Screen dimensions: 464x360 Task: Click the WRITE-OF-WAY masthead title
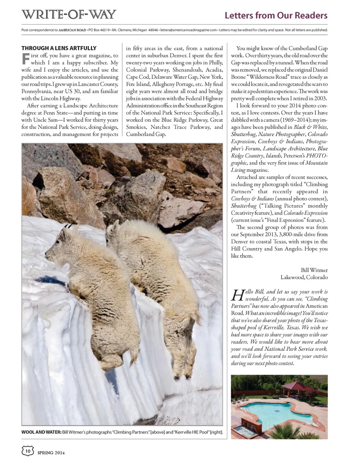(x=68, y=15)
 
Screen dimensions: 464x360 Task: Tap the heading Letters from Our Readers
(x=276, y=15)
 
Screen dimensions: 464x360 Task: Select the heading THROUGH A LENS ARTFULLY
(x=59, y=48)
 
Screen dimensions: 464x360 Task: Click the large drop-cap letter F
(x=25, y=59)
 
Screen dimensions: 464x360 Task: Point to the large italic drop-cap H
(x=238, y=295)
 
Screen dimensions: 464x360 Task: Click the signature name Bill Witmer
(x=314, y=270)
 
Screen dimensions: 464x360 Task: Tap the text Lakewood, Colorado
(x=304, y=277)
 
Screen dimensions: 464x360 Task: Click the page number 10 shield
(x=28, y=451)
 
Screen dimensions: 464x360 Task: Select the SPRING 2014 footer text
(x=51, y=453)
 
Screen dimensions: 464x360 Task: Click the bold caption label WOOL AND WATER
(x=41, y=432)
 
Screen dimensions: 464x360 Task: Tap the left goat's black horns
(x=68, y=226)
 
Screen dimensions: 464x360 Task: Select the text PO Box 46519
(x=99, y=30)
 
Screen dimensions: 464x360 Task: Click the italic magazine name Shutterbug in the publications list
(x=243, y=134)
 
